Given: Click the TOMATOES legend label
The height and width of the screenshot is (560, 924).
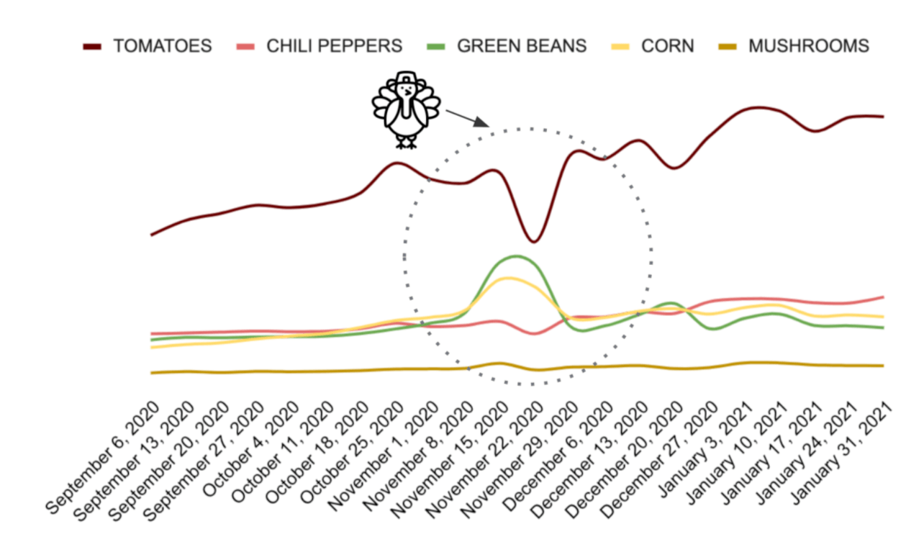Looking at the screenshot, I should coord(162,46).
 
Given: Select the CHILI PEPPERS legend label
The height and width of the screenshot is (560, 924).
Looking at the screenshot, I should coord(334,46).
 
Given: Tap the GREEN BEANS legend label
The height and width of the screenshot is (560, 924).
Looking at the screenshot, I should coord(522,46).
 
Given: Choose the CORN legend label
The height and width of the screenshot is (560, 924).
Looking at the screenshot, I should coord(668,46).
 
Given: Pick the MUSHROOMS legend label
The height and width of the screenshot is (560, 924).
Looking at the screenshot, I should coord(808,46).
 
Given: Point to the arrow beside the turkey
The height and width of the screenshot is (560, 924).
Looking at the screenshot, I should coord(466,118).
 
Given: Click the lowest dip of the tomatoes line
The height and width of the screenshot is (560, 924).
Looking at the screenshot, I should coord(533,241).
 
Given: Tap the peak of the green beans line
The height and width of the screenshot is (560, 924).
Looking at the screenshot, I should coord(516,256).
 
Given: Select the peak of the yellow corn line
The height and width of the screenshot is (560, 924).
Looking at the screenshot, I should coord(508,278).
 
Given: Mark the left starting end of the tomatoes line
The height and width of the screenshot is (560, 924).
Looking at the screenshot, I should coord(151,235).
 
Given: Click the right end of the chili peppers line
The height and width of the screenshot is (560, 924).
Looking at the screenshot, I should coord(883,296).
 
